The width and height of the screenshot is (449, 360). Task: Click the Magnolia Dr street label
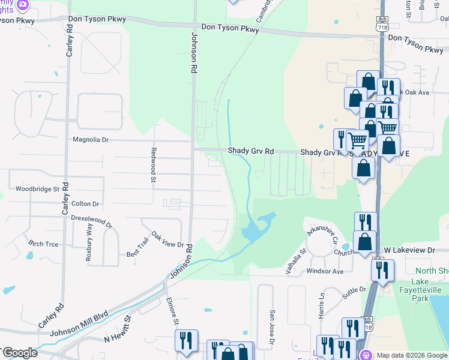[90, 140]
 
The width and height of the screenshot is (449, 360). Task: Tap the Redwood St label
[154, 164]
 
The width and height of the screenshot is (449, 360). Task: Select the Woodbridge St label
[37, 188]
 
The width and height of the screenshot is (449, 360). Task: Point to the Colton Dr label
[85, 204]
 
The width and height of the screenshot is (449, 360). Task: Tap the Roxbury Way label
[89, 242]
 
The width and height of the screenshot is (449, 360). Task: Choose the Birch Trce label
[43, 244]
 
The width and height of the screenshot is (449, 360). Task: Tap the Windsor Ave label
[325, 271]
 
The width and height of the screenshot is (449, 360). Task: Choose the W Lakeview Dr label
[409, 249]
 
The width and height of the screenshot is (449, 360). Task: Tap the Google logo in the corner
[19, 353]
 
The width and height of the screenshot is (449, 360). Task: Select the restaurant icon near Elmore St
[186, 340]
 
